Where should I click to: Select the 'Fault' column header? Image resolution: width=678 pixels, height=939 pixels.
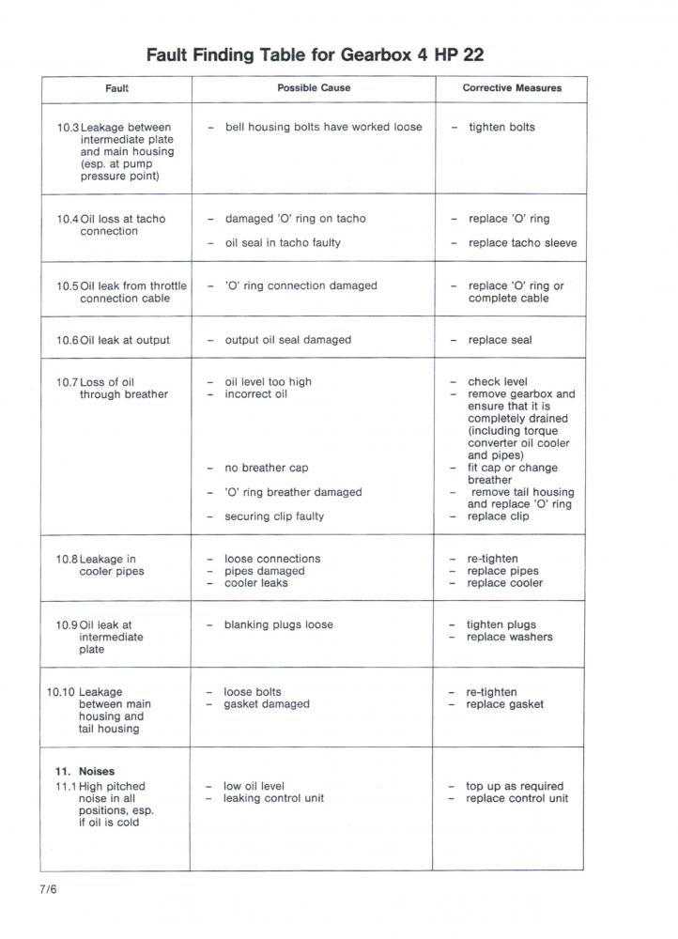coord(116,88)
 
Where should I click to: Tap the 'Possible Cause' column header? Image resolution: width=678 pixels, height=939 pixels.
coord(314,88)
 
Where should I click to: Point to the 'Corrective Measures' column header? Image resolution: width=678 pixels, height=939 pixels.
coord(512,88)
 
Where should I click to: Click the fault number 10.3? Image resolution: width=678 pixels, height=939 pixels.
coord(68,128)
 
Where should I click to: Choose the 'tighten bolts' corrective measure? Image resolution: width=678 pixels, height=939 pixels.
coord(501,128)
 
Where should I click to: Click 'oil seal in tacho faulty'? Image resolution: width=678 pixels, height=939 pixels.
coord(283,243)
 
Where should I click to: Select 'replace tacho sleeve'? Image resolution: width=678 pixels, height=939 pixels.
coord(522,243)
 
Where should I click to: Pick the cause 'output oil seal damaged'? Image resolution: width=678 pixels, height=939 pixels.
coord(287,340)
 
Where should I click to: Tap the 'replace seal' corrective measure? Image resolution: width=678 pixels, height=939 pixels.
coord(500,340)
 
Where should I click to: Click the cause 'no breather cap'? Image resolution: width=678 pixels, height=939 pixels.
coord(266,468)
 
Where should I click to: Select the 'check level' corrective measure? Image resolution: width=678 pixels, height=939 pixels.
coord(497,382)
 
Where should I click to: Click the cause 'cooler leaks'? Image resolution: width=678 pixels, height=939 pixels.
coord(255,583)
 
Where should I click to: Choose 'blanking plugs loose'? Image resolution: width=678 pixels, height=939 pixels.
coord(278,625)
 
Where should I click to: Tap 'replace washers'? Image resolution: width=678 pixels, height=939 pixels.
coord(509,638)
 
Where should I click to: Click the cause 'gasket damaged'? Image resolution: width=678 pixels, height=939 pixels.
coord(266,704)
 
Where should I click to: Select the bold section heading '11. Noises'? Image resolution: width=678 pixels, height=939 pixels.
coord(85,772)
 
